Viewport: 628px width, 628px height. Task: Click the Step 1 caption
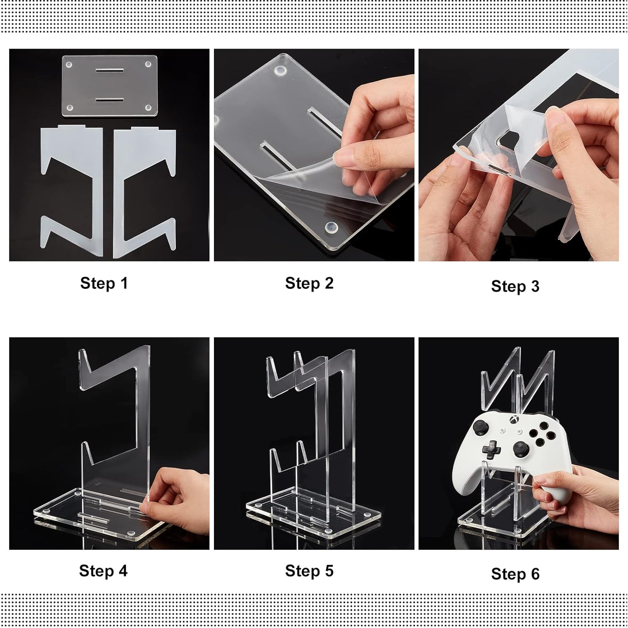point(103,283)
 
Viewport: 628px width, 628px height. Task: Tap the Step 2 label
point(309,283)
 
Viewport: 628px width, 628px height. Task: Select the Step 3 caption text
point(515,286)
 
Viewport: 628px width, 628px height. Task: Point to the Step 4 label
point(103,571)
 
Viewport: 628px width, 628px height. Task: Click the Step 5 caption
point(309,571)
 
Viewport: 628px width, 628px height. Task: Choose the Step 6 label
point(515,574)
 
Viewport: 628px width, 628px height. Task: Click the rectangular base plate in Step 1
point(110,86)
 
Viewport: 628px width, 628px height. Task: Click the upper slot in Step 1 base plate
point(110,70)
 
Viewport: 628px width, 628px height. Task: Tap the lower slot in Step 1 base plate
point(110,100)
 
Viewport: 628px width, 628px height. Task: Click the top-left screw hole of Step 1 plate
point(69,65)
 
